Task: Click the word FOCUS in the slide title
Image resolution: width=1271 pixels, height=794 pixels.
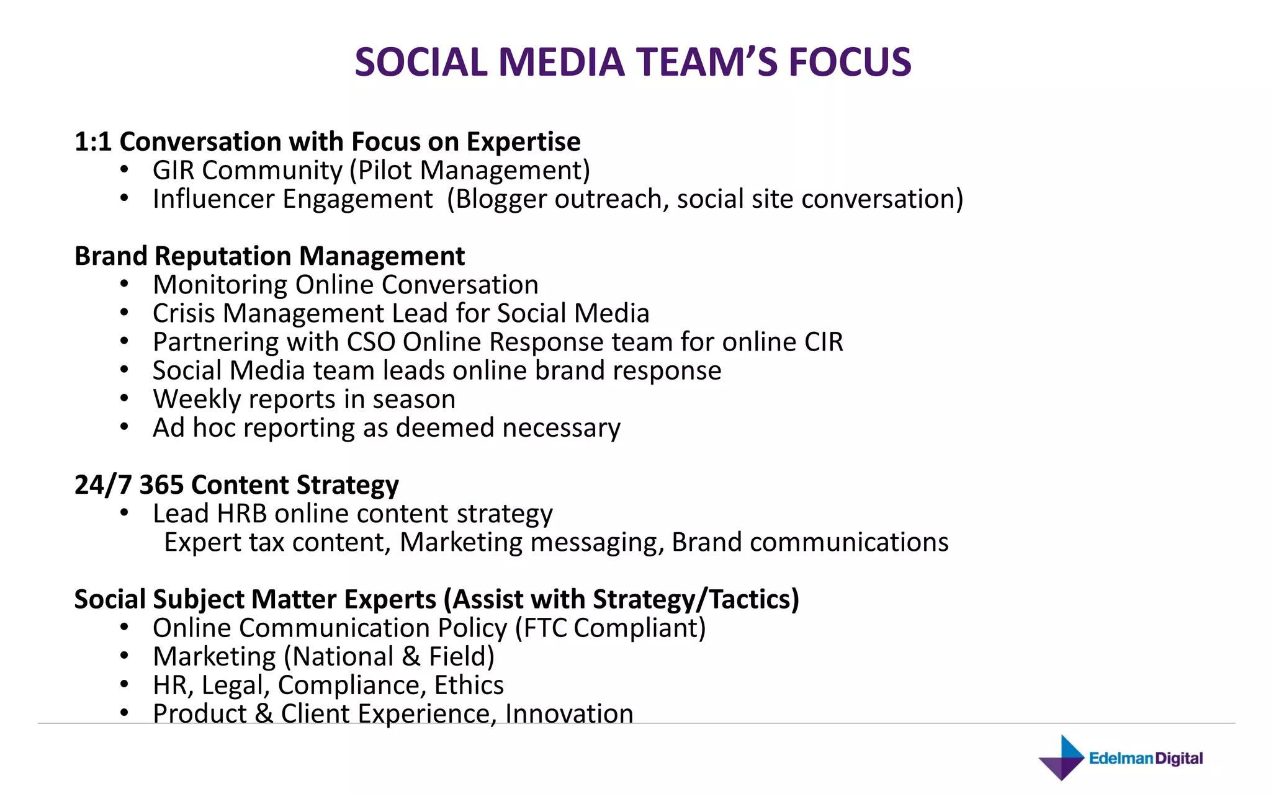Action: click(850, 63)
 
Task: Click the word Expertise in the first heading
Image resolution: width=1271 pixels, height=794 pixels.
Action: click(523, 142)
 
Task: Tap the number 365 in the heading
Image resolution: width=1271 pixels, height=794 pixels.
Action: click(161, 485)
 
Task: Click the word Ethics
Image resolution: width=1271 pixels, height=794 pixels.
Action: click(469, 685)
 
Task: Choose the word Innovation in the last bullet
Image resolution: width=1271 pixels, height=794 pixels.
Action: click(569, 714)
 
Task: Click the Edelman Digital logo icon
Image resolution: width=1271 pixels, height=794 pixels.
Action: click(1062, 758)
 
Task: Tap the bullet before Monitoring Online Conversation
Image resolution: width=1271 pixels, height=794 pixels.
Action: click(125, 284)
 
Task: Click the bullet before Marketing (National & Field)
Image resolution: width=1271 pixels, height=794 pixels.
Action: click(125, 656)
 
